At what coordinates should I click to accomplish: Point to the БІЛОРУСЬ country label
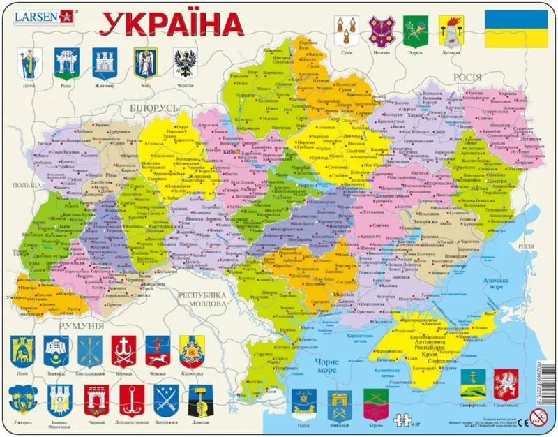click(154, 108)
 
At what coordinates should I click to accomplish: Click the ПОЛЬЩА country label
click(26, 188)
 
